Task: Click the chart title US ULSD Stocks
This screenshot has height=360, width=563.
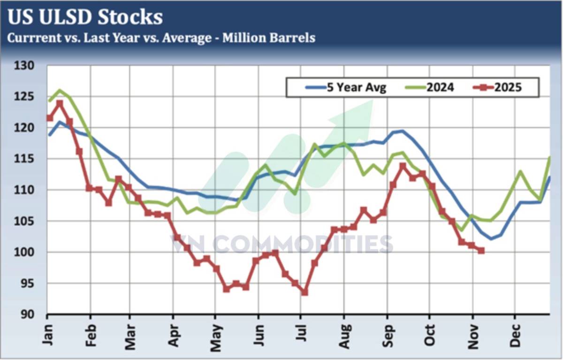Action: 85,17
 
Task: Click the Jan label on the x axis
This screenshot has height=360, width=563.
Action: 47,334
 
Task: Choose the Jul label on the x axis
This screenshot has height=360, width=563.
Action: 301,335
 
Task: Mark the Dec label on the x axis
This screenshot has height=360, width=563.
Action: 515,334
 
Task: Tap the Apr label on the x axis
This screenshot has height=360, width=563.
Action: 173,334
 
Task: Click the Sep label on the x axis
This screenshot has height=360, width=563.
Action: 387,334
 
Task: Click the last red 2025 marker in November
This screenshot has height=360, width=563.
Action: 481,251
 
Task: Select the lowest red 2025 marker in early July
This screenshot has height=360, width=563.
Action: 304,292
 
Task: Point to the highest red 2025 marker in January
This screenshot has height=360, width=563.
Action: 60,103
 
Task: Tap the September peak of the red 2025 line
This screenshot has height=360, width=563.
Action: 403,166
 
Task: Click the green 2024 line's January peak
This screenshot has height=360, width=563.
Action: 60,90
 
